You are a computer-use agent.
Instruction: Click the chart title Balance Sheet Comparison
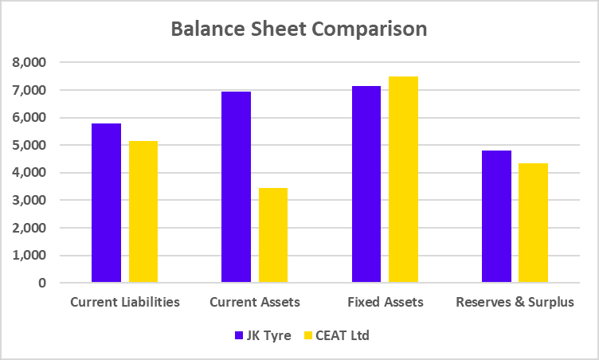tap(299, 29)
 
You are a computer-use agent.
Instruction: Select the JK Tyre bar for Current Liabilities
tap(106, 203)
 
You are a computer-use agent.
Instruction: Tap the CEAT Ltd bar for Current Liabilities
tap(143, 212)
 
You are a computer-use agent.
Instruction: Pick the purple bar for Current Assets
tap(236, 187)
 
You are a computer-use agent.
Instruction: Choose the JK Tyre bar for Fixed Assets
tap(366, 184)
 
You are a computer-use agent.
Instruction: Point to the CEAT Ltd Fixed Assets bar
tap(403, 179)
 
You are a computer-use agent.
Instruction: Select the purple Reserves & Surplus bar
tap(496, 217)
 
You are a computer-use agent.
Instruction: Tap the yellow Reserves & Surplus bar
tap(533, 223)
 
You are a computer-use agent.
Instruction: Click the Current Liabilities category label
tap(125, 303)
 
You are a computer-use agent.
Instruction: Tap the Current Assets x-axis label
tap(255, 303)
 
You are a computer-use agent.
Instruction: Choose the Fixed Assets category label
tap(386, 303)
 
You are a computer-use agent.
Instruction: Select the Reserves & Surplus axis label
tap(515, 303)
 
